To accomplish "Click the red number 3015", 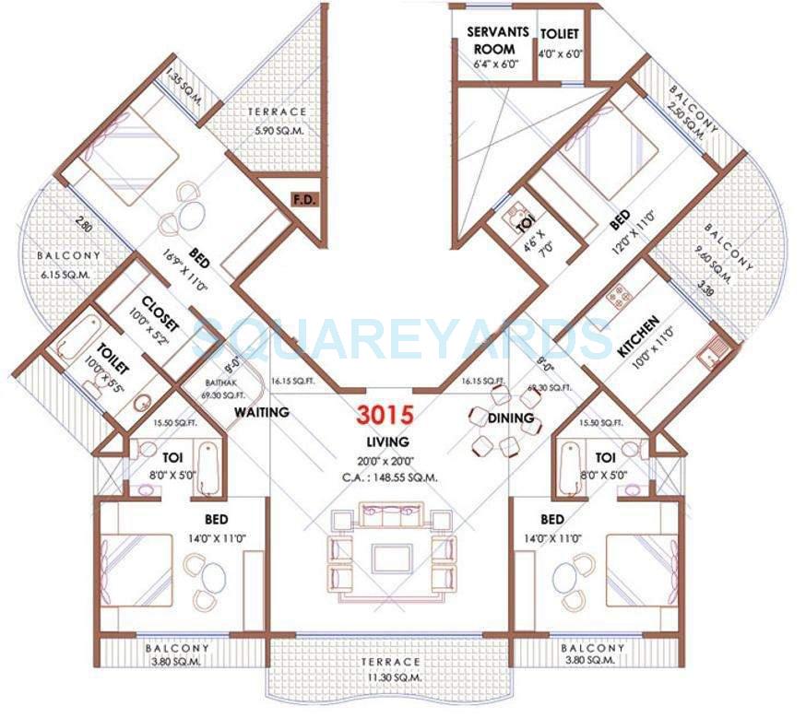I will click(387, 415).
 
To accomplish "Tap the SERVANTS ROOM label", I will click(498, 39).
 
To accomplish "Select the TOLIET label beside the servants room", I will click(560, 34).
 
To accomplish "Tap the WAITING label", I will click(261, 411).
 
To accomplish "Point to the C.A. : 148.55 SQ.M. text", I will click(387, 477).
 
